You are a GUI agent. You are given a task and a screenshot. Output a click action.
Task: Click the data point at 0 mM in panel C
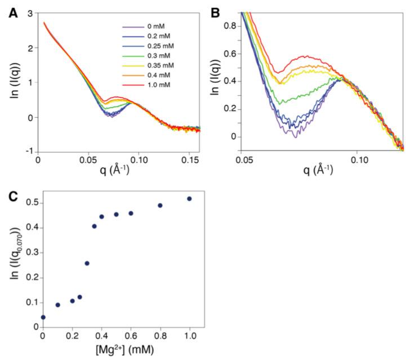[43, 317]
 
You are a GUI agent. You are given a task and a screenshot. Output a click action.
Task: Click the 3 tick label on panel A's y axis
[28, 12]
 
